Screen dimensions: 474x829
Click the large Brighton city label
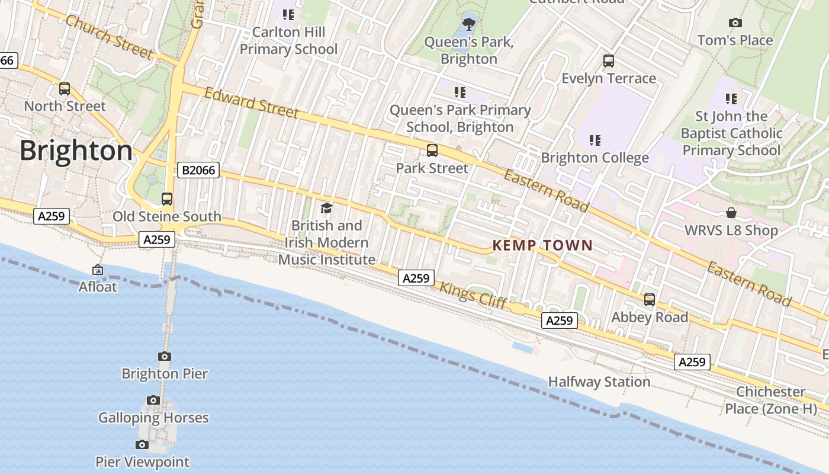(x=76, y=151)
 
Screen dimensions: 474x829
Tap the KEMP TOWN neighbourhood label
(x=542, y=245)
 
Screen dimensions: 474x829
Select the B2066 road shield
(x=198, y=171)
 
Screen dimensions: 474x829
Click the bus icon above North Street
(x=65, y=89)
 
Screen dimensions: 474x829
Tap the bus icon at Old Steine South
(x=167, y=199)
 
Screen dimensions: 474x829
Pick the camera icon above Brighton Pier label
(x=165, y=356)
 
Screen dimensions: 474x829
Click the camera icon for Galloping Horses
(x=153, y=401)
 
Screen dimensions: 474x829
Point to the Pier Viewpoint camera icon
(x=142, y=444)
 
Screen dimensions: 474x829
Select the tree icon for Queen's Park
(x=469, y=24)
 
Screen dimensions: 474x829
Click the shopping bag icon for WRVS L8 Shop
(x=731, y=213)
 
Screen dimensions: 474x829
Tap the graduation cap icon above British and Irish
(x=326, y=208)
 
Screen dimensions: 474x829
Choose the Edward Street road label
(x=252, y=103)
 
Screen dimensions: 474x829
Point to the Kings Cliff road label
(x=473, y=295)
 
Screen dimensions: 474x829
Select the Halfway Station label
(x=599, y=382)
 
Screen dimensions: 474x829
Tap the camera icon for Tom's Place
(x=735, y=23)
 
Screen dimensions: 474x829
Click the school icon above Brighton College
(x=595, y=140)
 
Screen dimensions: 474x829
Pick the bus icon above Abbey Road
(x=650, y=300)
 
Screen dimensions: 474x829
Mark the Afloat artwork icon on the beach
(x=98, y=270)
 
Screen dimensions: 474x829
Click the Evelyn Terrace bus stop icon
(x=609, y=61)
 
